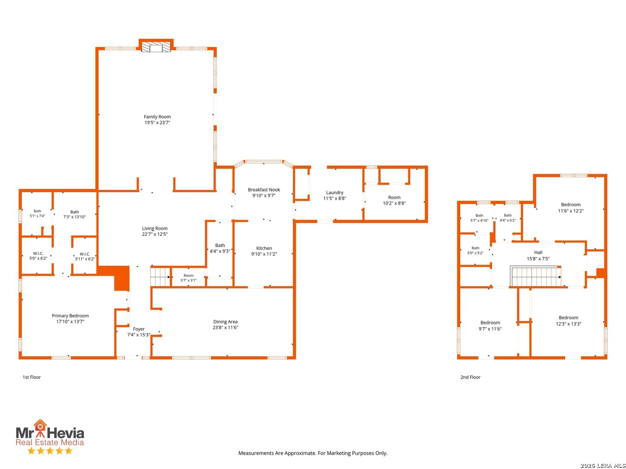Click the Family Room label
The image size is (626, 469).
[x=157, y=117]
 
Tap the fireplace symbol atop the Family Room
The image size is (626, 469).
[x=156, y=48]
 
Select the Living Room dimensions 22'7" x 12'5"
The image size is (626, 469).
[x=155, y=234]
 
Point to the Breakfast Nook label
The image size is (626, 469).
[x=264, y=190]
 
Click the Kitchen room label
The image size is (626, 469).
[x=264, y=248]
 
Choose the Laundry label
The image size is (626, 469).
[x=335, y=192]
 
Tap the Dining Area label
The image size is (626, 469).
[x=225, y=322]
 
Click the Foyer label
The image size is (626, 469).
[x=139, y=329]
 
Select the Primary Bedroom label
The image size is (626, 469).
[x=70, y=316]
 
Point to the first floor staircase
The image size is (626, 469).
[x=160, y=277]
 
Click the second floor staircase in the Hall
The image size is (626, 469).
[x=535, y=276]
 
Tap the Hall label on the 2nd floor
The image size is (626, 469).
[x=538, y=252]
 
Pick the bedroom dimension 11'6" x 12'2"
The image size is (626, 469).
[x=571, y=211]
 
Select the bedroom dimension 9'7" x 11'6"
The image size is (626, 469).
[x=490, y=329]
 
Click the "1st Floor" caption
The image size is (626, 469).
[x=32, y=377]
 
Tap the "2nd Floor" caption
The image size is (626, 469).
[x=470, y=377]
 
